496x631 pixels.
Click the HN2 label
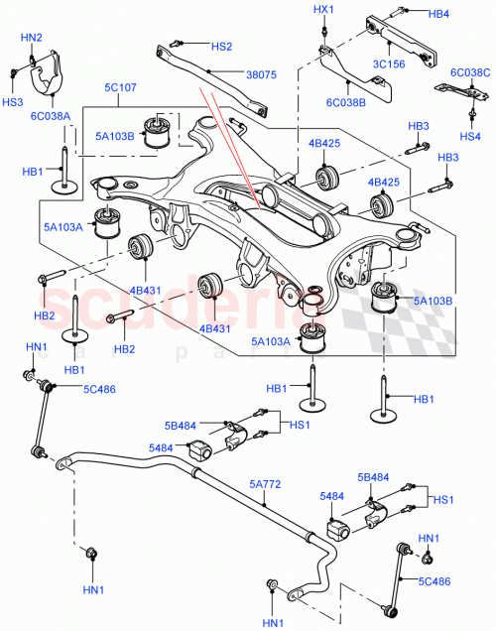[32, 38]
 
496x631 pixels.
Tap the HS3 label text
[12, 101]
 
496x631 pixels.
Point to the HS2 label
[221, 47]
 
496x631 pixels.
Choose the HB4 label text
[440, 14]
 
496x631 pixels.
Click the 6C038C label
[469, 72]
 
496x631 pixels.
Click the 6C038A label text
[50, 115]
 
